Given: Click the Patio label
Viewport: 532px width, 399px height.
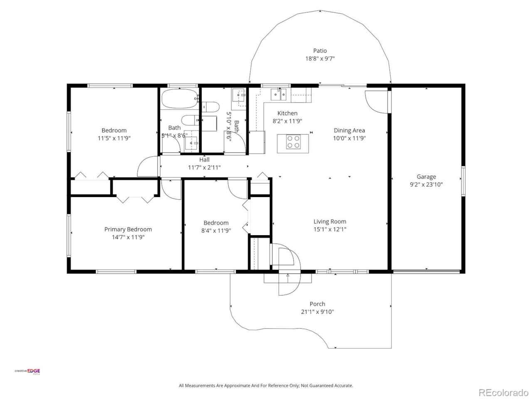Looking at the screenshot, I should coord(320,51).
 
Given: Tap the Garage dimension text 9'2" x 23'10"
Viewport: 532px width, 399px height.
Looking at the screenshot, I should coord(426,185).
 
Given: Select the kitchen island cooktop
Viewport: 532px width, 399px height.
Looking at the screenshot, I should coord(293,142).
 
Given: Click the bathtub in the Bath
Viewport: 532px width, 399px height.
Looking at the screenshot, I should coord(179,99).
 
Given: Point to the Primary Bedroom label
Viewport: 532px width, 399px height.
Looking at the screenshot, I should coord(128,229).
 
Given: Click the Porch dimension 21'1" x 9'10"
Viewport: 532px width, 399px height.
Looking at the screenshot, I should coord(317,312).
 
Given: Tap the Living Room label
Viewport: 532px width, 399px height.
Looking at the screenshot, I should coord(330,222).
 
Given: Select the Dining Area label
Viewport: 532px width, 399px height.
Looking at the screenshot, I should coord(349,131).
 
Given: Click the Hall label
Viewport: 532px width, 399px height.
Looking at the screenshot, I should coord(204,160).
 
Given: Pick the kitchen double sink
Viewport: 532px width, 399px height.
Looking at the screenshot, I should coord(279,95).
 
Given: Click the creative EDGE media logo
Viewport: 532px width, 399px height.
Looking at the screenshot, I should coord(28,372).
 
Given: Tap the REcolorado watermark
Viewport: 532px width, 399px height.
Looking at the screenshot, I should coord(503,392).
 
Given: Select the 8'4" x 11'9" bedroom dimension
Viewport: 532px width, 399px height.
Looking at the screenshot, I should coord(216,231).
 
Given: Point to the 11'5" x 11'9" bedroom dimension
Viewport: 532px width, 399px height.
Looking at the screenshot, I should coord(114,138).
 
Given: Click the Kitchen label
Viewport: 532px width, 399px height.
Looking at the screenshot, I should coord(287,113).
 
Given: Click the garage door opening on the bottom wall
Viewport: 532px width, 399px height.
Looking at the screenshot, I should coord(426,272).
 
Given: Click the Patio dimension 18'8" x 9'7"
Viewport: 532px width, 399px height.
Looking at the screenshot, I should coord(320,59).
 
